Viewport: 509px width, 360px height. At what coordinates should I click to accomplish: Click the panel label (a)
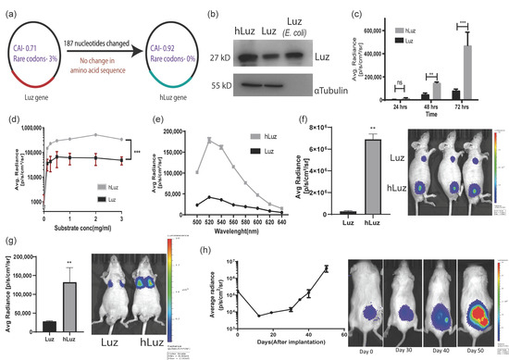(x=13, y=12)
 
